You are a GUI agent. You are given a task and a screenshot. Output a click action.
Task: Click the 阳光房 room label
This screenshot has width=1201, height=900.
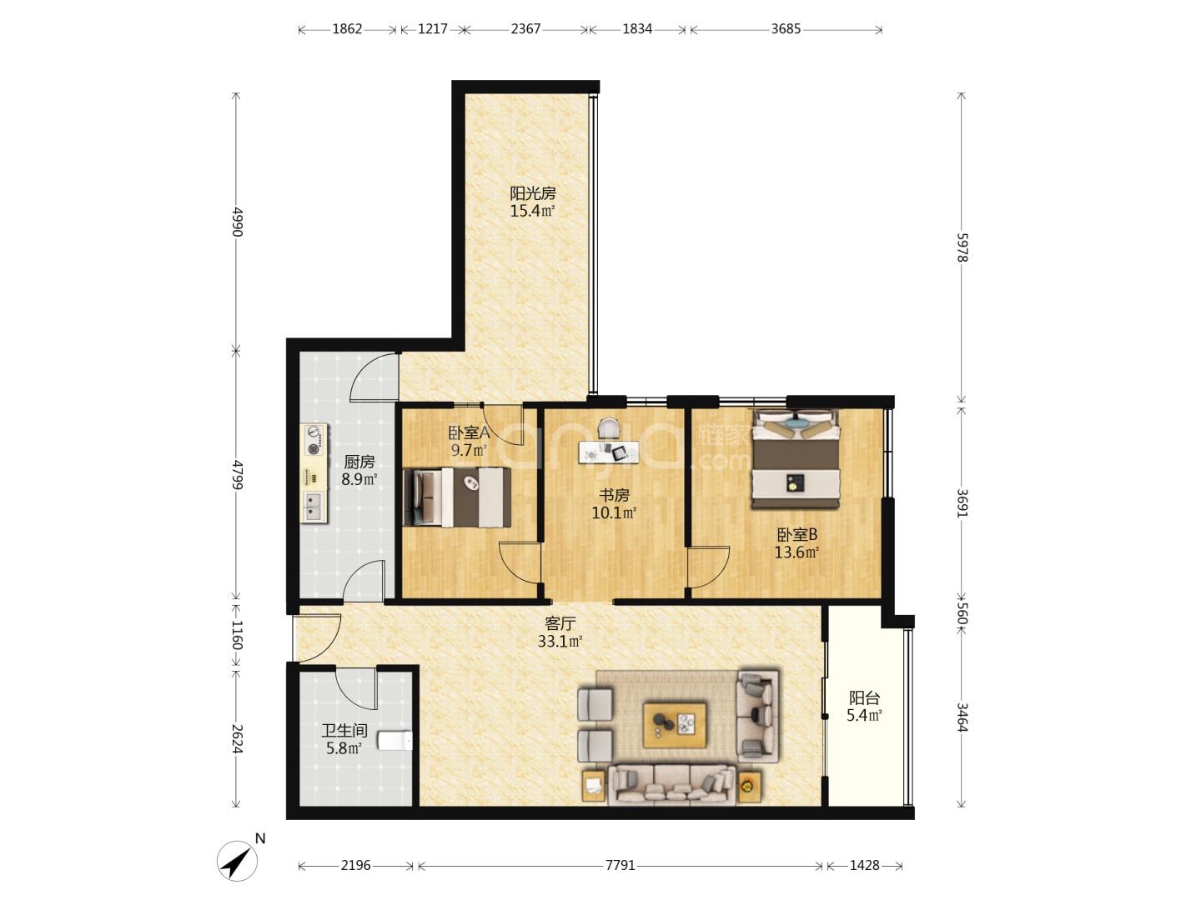[x=532, y=193]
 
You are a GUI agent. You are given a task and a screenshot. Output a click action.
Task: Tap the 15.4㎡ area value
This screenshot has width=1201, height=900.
[x=532, y=211]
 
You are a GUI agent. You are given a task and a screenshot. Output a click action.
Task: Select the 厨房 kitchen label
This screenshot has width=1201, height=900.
[x=359, y=462]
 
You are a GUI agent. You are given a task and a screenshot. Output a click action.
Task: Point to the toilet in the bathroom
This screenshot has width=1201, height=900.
[x=394, y=741]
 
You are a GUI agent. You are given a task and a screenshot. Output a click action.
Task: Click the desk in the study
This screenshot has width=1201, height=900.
[x=609, y=452]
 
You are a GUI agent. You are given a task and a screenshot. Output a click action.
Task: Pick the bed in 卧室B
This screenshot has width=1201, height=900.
[x=796, y=459]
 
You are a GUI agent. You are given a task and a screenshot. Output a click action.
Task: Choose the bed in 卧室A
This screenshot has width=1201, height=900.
[x=457, y=497]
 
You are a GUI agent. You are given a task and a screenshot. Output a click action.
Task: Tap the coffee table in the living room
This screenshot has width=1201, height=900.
[x=674, y=725]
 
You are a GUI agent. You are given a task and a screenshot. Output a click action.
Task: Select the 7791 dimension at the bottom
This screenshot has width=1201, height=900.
[x=620, y=865]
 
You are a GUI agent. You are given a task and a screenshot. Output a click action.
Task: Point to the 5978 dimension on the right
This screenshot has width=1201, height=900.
[x=962, y=247]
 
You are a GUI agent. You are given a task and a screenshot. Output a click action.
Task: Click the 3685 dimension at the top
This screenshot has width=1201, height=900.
[x=786, y=29]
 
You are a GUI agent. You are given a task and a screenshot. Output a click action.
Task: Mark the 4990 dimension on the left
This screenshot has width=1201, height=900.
[x=236, y=222]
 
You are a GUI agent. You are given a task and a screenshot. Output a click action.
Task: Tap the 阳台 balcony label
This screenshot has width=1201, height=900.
[x=865, y=697]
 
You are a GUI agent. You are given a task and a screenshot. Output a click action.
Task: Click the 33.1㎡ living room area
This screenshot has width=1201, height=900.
[x=560, y=641]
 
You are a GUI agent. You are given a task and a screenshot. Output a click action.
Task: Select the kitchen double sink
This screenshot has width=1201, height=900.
[x=314, y=506]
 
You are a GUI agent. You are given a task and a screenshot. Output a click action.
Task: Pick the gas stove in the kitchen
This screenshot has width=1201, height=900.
[x=314, y=440]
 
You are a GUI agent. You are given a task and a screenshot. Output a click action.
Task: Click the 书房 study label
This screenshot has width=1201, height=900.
[x=614, y=496]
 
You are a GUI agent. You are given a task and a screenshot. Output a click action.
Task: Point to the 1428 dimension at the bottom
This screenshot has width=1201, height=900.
[x=865, y=865]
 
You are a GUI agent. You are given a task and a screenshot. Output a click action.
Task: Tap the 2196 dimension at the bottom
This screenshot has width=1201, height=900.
[x=355, y=865]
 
